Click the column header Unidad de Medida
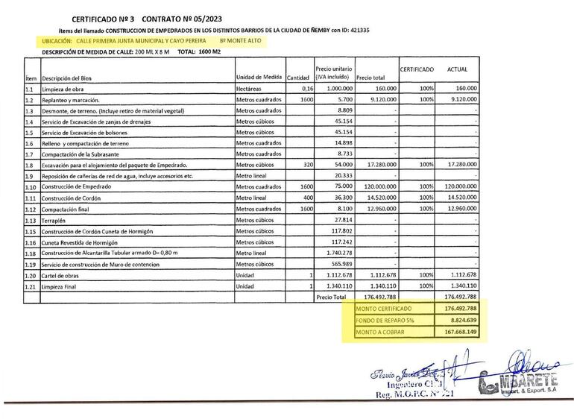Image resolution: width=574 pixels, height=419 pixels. coord(259,78)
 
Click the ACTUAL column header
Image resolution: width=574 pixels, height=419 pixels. coord(457,69)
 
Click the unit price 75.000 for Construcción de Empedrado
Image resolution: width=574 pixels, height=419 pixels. coord(342,187)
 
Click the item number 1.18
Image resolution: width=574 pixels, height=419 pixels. coord(31,253)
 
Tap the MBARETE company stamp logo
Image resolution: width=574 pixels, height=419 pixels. coord(521,382)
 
